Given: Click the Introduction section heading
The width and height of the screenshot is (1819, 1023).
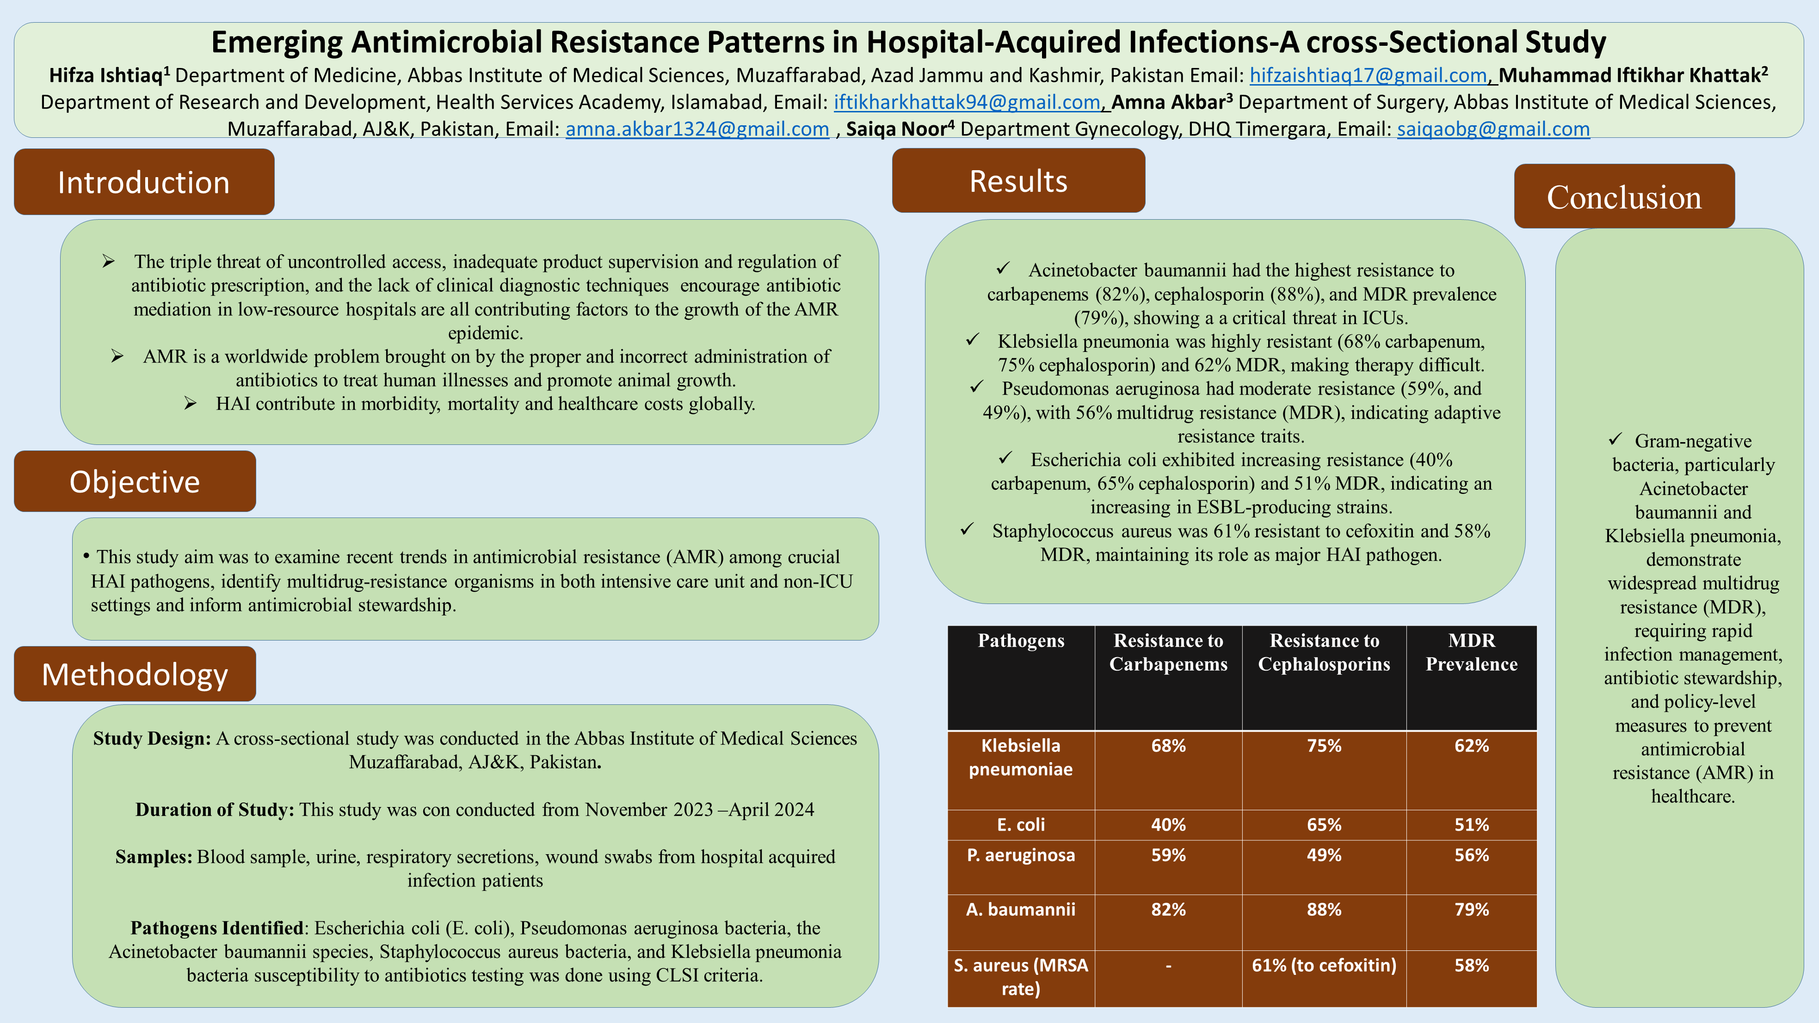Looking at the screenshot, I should click(x=144, y=182).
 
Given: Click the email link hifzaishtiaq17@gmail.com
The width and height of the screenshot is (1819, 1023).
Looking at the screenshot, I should click(x=1368, y=75).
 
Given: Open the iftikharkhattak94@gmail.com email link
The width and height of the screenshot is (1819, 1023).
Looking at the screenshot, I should click(x=967, y=102).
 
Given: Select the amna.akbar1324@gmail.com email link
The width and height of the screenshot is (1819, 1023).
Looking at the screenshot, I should click(x=697, y=129).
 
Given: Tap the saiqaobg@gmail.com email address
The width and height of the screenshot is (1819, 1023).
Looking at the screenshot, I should click(x=1493, y=129).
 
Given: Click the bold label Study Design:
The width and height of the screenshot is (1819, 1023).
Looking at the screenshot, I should click(x=152, y=739).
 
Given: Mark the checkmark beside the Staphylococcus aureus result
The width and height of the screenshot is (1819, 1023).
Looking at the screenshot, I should click(x=968, y=530).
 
